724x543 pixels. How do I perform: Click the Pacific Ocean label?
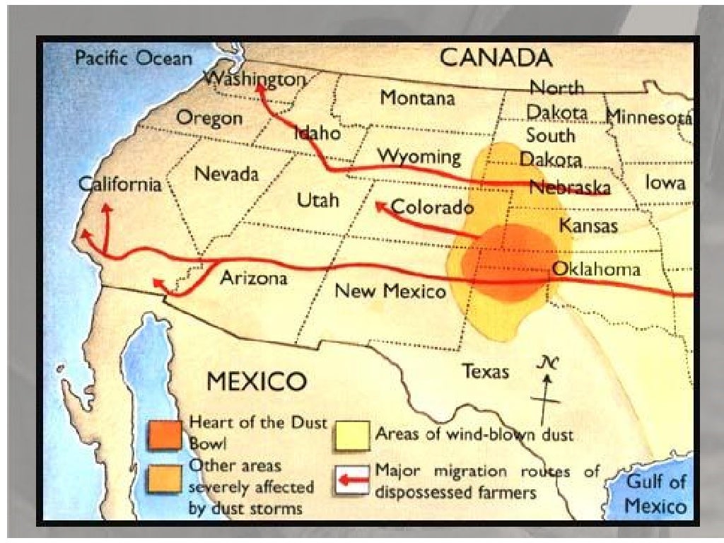pos(133,58)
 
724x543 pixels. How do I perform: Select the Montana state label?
pos(417,98)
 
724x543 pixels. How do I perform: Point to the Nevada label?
pos(226,173)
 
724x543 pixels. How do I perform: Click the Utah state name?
pos(317,200)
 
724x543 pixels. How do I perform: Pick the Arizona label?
pos(253,278)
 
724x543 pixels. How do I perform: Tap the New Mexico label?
pos(390,291)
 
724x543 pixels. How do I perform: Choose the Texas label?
pos(485,370)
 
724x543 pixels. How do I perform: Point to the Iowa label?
pos(665,183)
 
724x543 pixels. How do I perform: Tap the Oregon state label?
pos(209,118)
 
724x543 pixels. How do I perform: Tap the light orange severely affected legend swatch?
pos(165,481)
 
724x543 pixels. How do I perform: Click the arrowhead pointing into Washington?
pos(260,87)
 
